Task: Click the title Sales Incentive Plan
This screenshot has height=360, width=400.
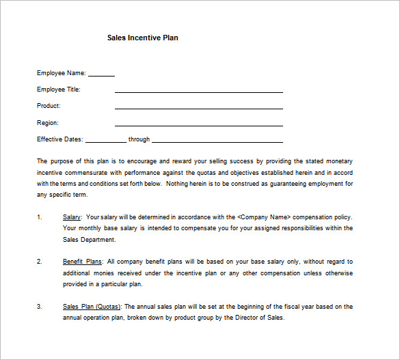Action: [142, 38]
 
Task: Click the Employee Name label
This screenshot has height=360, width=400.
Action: [61, 72]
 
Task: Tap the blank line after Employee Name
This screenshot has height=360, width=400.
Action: [101, 75]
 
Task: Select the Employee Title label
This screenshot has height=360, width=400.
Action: [61, 89]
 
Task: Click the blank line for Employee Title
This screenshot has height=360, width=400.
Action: [198, 92]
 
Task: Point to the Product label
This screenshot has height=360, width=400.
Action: [49, 106]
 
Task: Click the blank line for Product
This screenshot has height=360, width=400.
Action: [198, 108]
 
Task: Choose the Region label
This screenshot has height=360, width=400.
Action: [48, 123]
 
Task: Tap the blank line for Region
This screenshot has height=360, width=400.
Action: [198, 125]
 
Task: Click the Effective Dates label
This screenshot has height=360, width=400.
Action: [60, 139]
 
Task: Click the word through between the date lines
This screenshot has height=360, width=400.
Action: [139, 139]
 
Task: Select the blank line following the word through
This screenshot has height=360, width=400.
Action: [217, 142]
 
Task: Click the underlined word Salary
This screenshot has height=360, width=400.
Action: [72, 217]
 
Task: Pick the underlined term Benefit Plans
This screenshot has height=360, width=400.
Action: [83, 262]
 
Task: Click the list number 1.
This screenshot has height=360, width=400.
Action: [39, 217]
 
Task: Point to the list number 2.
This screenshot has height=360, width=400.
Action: [39, 262]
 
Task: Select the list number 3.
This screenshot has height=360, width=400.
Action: [39, 307]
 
